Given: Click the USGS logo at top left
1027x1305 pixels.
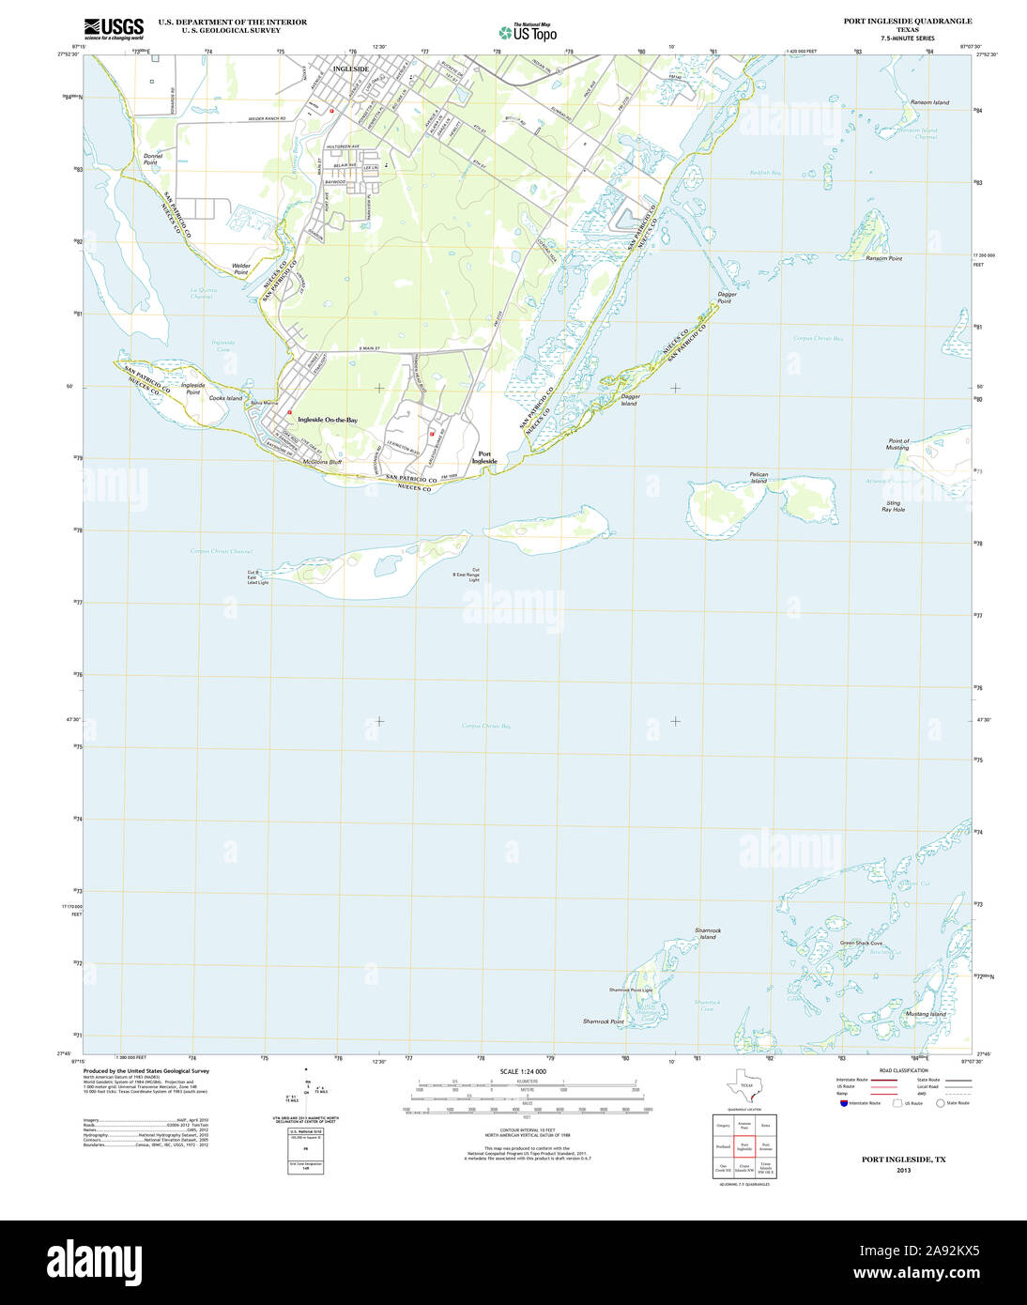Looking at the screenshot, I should (x=114, y=29).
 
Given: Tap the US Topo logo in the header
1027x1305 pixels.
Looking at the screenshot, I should (x=528, y=32).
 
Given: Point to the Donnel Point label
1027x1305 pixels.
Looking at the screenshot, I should (x=152, y=159).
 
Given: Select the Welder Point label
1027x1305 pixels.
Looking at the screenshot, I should (x=241, y=269).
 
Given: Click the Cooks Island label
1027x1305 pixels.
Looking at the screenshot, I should (x=225, y=398).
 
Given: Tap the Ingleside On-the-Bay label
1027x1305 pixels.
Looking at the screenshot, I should (x=328, y=420).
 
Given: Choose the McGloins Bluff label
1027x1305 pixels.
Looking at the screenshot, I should (x=321, y=462).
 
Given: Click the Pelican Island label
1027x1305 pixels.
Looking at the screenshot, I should (x=759, y=477).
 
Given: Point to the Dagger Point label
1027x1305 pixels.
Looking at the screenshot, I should (x=727, y=297).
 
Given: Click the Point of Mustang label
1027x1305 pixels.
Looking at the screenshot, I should (x=898, y=444).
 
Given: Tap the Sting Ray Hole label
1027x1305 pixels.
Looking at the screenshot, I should (x=893, y=506).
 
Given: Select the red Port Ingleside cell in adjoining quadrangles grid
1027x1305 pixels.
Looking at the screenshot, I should (x=744, y=1146).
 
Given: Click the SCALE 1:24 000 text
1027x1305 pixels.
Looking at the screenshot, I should (x=523, y=1071).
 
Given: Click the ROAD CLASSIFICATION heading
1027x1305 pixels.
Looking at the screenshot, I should (x=903, y=1070).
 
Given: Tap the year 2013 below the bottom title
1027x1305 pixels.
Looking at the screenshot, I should (x=903, y=1170).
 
